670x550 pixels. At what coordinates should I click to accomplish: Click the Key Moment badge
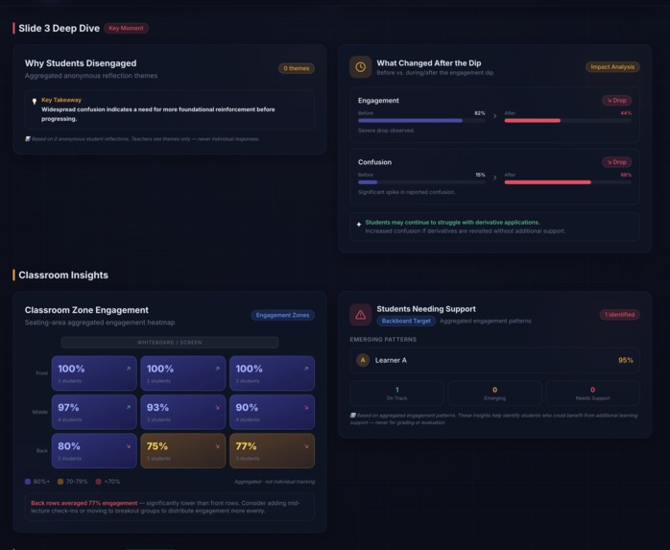(126, 29)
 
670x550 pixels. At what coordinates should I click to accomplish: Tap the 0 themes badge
(296, 68)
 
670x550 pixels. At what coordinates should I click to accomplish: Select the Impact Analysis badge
(611, 67)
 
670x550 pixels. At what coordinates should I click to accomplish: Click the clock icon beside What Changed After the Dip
(360, 67)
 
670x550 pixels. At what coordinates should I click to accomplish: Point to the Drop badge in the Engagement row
(616, 101)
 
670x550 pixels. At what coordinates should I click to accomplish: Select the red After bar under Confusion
(548, 182)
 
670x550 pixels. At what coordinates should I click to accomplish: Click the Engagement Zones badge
(282, 315)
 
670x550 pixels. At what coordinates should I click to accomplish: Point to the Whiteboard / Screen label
(170, 343)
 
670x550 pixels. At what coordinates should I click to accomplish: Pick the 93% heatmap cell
(183, 412)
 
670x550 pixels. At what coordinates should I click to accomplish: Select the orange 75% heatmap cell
(183, 450)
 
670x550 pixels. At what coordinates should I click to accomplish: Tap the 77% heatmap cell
(272, 450)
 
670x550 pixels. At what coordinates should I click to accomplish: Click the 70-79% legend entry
(73, 482)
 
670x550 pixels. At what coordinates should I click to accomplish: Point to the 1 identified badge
(619, 315)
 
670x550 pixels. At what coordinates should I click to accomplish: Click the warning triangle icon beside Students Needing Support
(360, 314)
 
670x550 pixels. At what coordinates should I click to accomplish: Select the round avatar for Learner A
(362, 360)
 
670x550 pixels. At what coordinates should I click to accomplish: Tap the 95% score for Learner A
(626, 360)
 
